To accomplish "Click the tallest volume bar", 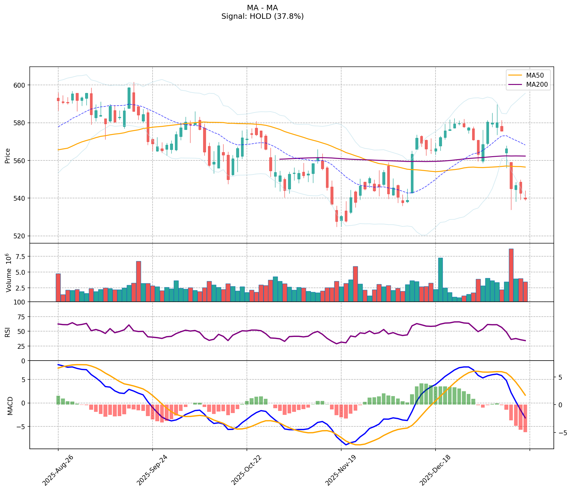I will (511, 275).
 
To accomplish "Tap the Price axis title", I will (8, 156).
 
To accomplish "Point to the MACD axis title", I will (10, 406).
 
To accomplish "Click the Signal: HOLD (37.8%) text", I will (262, 16).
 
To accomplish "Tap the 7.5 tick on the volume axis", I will (20, 257).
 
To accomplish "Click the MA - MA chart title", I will (262, 8).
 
